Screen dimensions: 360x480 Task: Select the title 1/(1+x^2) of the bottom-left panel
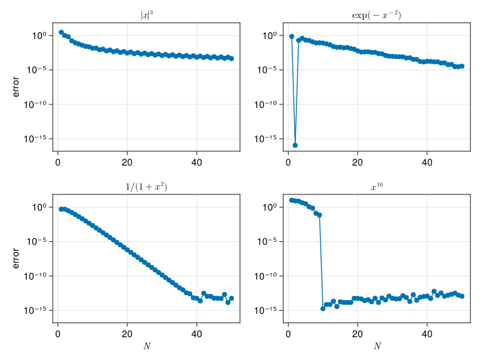[146, 187]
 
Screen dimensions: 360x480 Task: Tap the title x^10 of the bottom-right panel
[376, 187]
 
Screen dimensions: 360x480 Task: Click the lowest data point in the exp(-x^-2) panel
[295, 145]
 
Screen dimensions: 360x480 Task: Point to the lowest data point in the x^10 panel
[323, 308]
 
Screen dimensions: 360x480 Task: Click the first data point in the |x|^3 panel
[61, 32]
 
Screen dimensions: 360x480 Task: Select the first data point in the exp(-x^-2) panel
[292, 37]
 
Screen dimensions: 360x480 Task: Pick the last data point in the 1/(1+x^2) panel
[232, 298]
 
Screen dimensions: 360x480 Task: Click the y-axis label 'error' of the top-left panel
[16, 87]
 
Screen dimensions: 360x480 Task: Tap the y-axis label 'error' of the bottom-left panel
[16, 259]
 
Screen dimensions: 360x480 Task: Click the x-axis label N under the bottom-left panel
[146, 346]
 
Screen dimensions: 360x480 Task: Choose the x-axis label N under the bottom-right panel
[376, 346]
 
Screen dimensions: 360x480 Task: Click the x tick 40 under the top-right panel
[427, 162]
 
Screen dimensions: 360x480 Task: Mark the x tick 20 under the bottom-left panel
[127, 334]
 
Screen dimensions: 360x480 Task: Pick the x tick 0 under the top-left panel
[58, 162]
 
